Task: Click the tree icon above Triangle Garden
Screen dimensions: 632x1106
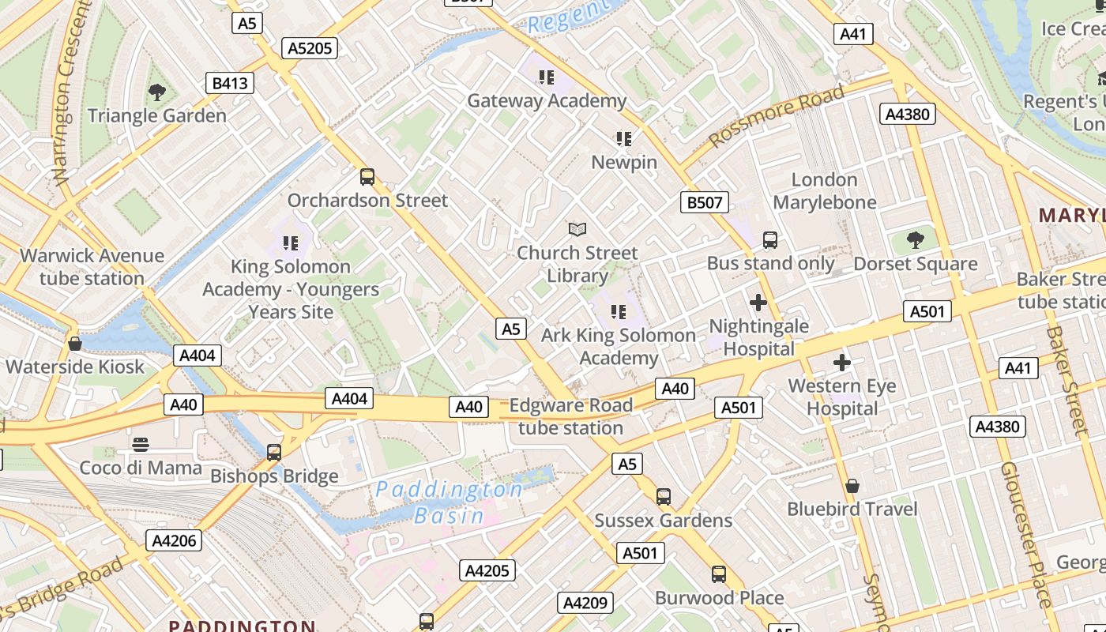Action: pyautogui.click(x=156, y=92)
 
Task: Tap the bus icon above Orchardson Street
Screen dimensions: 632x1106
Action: pyautogui.click(x=367, y=176)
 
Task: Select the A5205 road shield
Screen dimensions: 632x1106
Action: pyautogui.click(x=310, y=48)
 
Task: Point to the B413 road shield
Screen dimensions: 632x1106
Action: pyautogui.click(x=230, y=82)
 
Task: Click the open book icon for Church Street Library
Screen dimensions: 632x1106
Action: pyautogui.click(x=577, y=229)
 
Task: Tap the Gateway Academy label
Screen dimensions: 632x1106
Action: pyautogui.click(x=547, y=101)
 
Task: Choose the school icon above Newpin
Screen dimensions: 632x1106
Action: pyautogui.click(x=624, y=139)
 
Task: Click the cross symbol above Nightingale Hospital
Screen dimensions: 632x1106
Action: pyautogui.click(x=758, y=302)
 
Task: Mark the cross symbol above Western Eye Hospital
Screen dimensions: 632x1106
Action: pyautogui.click(x=842, y=363)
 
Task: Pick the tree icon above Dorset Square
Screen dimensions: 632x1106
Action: pyautogui.click(x=916, y=239)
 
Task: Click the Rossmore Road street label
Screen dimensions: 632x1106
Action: pyautogui.click(x=777, y=115)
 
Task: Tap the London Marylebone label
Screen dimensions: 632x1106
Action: pyautogui.click(x=825, y=191)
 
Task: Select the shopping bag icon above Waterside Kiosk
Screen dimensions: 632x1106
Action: pyautogui.click(x=75, y=344)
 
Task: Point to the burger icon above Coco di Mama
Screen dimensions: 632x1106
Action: pyautogui.click(x=141, y=444)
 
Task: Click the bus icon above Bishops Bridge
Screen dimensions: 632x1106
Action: pyautogui.click(x=274, y=453)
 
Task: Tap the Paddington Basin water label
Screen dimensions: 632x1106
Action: pyautogui.click(x=449, y=502)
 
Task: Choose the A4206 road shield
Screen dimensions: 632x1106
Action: pyautogui.click(x=174, y=540)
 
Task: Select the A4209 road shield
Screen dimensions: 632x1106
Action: pyautogui.click(x=585, y=603)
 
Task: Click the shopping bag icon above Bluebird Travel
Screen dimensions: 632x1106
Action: pyautogui.click(x=852, y=485)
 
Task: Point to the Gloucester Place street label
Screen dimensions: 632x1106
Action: pyautogui.click(x=1027, y=534)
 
